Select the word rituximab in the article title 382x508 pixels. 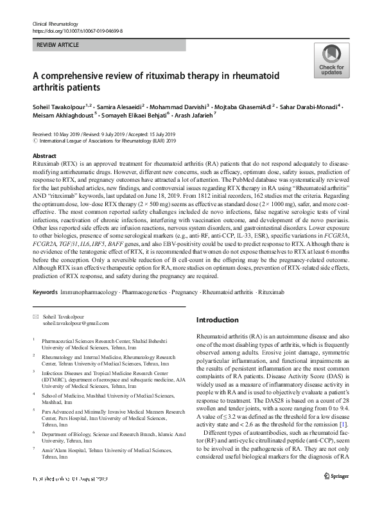point(160,76)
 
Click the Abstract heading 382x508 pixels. point(44,156)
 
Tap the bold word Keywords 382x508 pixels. point(45,292)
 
